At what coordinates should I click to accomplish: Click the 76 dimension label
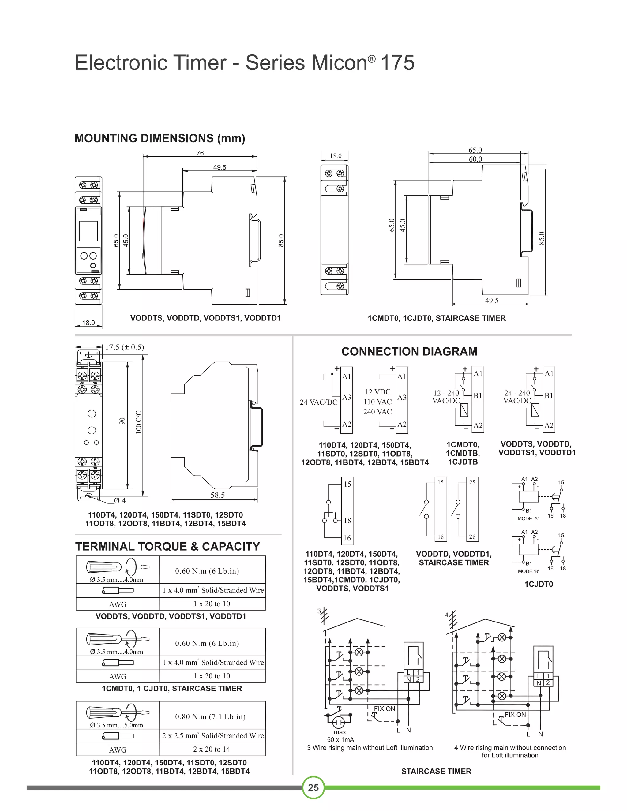tap(200, 153)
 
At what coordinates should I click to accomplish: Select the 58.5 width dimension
tap(217, 495)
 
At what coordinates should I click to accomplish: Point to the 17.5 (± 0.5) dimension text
tap(124, 347)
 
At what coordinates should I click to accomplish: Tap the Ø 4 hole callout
tap(120, 501)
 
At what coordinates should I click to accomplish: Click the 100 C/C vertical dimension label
tap(139, 422)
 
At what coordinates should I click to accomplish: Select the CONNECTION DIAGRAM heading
tap(409, 351)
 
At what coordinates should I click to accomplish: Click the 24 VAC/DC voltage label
tap(318, 402)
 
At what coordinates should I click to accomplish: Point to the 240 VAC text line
tap(377, 411)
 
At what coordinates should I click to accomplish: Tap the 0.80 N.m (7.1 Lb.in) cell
tap(210, 717)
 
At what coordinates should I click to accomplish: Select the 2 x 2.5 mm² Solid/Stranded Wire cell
tap(213, 736)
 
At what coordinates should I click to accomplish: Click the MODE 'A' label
tap(528, 518)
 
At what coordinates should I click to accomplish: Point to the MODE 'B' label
tap(528, 571)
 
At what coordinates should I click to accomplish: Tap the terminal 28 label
tap(472, 536)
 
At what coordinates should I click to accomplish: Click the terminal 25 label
tap(472, 482)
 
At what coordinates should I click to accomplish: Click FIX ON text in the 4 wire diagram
tap(515, 715)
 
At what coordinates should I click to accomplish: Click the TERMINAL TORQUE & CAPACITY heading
tap(167, 547)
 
